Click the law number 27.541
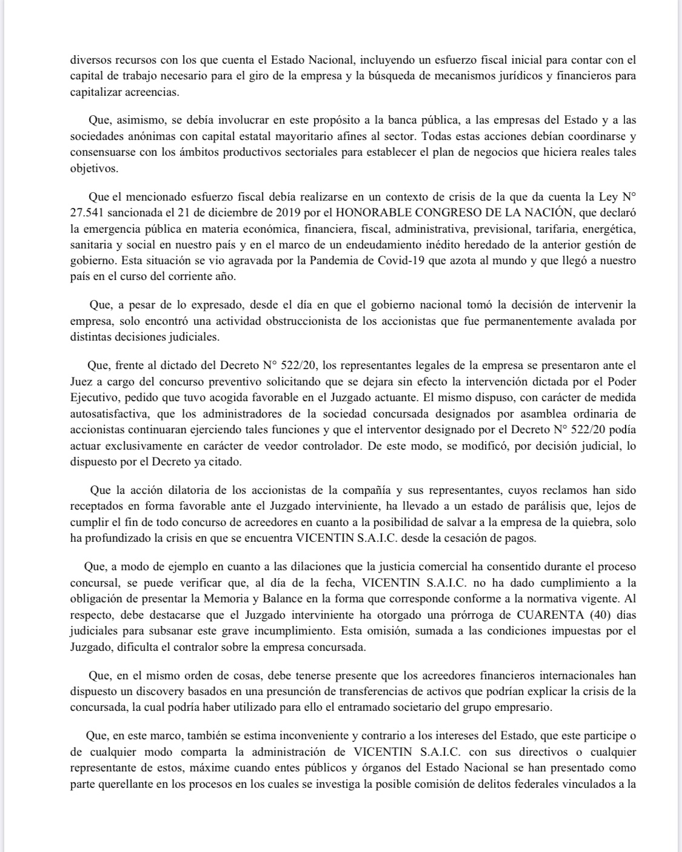point(89,213)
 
